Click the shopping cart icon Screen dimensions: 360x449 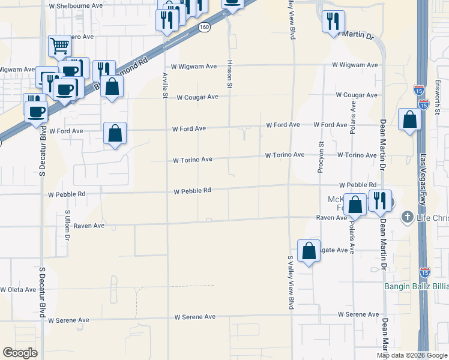click(59, 44)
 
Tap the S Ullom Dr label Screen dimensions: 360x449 click(68, 226)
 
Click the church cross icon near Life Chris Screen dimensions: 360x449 click(407, 216)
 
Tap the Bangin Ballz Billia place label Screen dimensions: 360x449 click(416, 286)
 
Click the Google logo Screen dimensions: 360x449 click(20, 353)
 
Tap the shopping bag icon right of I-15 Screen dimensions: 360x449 click(409, 119)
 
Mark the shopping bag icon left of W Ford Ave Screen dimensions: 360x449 click(115, 133)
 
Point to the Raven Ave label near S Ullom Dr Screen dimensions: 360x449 click(90, 226)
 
